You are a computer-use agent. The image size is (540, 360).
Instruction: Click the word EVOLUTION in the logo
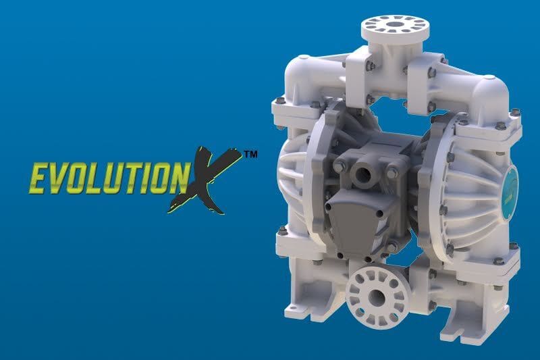pos(101,174)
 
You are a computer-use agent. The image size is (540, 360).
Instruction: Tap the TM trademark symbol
pos(250,155)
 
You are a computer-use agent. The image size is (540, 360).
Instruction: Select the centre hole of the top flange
pos(396,25)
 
